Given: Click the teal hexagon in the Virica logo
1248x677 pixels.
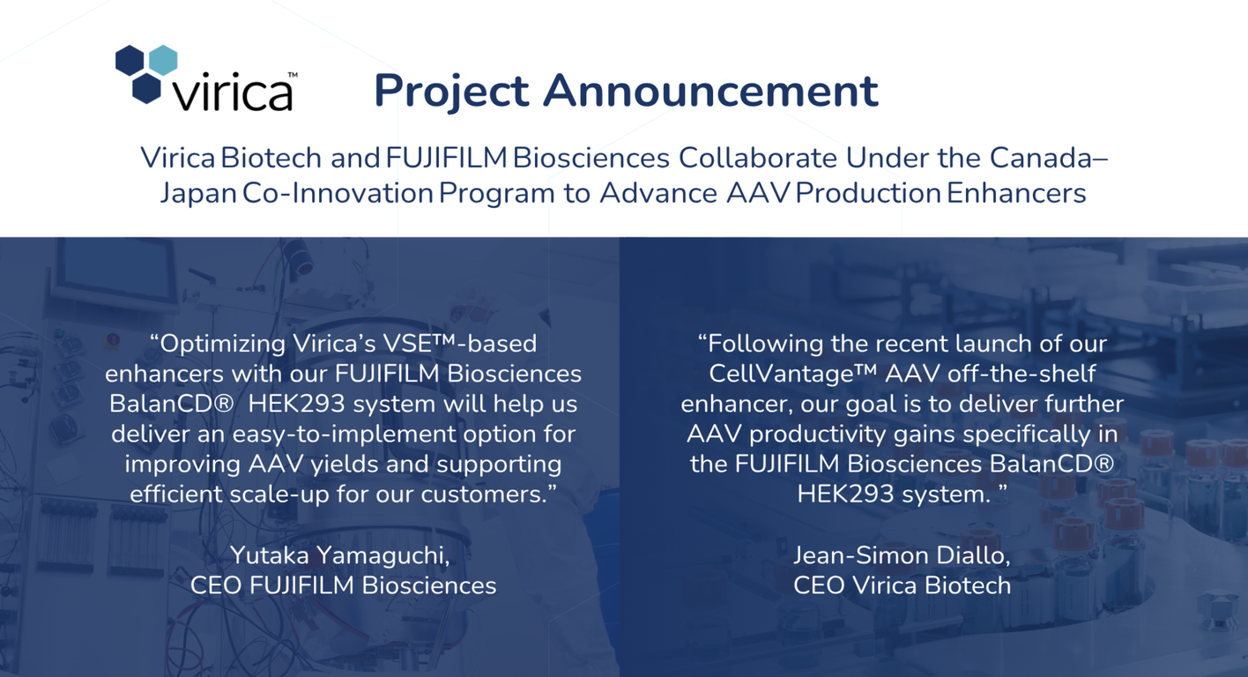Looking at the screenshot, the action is (163, 60).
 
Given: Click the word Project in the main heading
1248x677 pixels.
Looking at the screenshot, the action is (451, 92).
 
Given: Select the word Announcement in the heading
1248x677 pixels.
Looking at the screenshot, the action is (710, 90).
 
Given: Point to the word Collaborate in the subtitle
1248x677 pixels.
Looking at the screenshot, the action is (757, 158).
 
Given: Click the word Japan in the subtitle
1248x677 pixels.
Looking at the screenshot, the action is (198, 195).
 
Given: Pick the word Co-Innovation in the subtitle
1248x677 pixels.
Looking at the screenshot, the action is (338, 193).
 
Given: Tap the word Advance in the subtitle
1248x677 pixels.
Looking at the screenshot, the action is (658, 193).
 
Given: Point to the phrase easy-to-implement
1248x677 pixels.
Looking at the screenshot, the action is (344, 434).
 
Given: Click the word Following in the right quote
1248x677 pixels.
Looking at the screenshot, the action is (764, 345).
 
